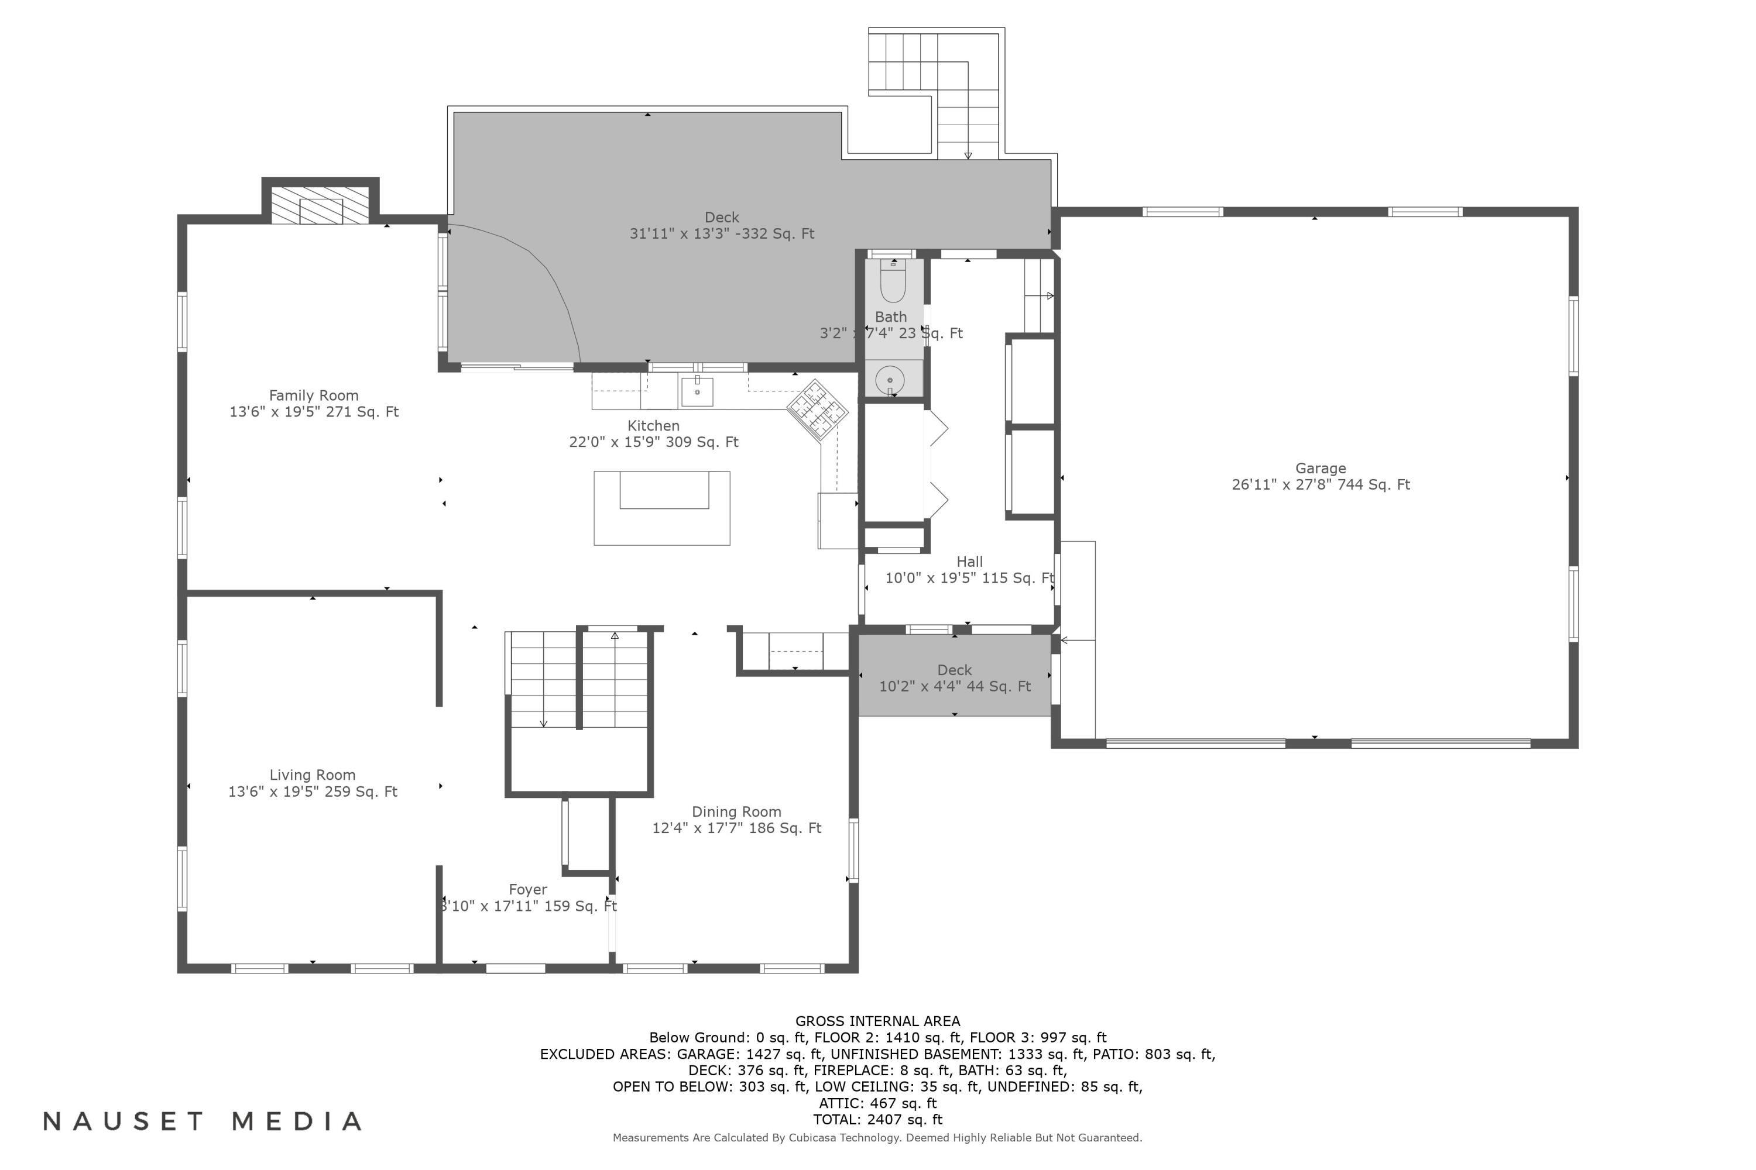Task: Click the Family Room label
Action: [314, 404]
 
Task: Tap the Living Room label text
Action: [312, 783]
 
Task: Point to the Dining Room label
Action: [736, 820]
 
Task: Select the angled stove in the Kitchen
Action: [818, 409]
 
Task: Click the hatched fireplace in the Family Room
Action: [320, 206]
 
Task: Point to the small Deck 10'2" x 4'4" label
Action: [954, 678]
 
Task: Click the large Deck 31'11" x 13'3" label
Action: [721, 225]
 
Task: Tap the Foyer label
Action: [528, 897]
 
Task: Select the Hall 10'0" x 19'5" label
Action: [969, 570]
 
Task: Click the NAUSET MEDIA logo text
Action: [203, 1121]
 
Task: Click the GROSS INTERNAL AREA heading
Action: [877, 1021]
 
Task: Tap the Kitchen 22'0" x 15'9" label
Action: [653, 433]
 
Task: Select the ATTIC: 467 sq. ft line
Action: [877, 1103]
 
